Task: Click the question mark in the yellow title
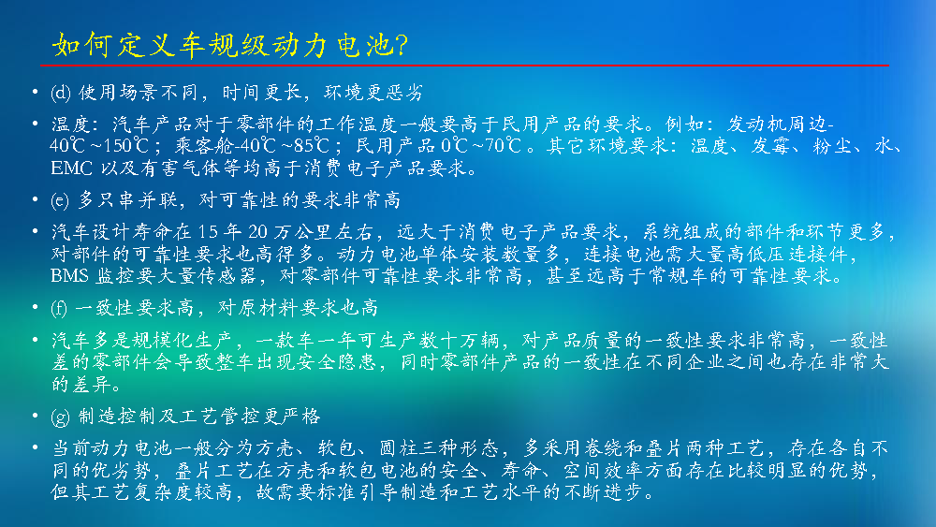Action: tap(402, 45)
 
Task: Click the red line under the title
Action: tap(464, 65)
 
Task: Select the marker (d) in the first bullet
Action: tap(61, 93)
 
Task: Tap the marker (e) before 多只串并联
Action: tap(60, 200)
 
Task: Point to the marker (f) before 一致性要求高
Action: tap(59, 308)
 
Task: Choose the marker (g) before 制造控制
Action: tap(60, 416)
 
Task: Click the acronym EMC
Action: tap(72, 168)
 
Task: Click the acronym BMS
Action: tap(70, 276)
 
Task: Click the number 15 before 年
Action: tap(209, 231)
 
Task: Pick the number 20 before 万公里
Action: tap(258, 231)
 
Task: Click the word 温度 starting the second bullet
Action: tap(71, 124)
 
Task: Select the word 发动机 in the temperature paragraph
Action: tap(756, 124)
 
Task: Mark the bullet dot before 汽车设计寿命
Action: tap(36, 231)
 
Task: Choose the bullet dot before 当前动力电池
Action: tap(36, 447)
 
